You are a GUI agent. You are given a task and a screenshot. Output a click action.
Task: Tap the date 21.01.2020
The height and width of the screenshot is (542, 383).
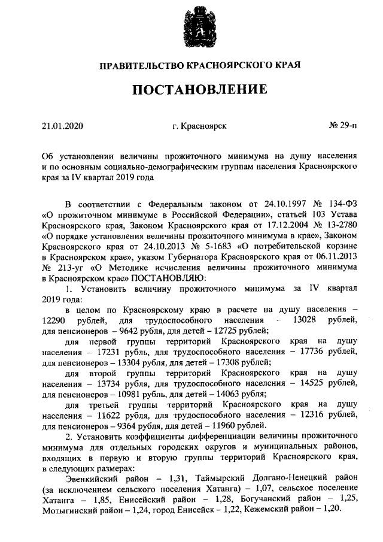[63, 126]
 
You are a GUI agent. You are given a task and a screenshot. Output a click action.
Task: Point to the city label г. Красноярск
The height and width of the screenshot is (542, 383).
[199, 126]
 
